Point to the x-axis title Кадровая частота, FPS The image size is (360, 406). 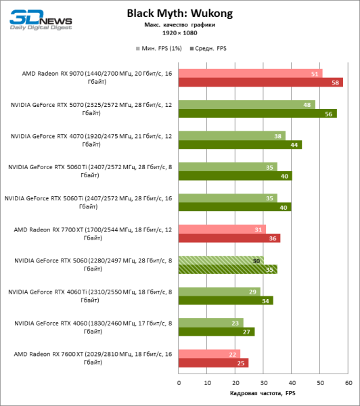tap(263, 394)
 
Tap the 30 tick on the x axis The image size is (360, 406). tap(263, 382)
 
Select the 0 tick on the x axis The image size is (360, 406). tap(179, 382)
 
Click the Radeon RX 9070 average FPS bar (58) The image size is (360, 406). tap(261, 83)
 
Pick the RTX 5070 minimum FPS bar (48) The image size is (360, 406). tap(246, 105)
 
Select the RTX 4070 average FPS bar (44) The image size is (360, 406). tap(240, 145)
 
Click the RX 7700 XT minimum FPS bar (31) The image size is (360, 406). tap(222, 229)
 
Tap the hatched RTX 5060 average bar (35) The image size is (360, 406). tap(228, 269)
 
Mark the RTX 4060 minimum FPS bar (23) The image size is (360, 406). tap(210, 323)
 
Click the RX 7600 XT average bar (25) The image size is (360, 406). tap(213, 363)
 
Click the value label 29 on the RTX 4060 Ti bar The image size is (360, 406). tap(254, 292)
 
